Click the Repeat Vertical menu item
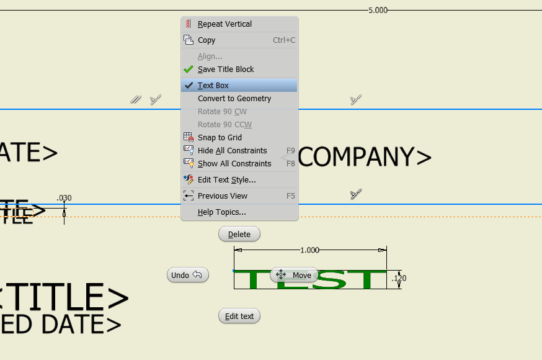224,24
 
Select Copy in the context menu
207,40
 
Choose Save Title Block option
226,70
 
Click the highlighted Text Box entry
213,86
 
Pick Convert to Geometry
234,99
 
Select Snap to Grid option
220,138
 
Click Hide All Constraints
232,151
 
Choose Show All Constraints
234,164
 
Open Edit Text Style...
226,180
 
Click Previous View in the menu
222,196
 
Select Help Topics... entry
221,212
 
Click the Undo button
187,275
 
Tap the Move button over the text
294,275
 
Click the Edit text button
239,316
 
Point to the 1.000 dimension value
309,250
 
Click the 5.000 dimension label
378,11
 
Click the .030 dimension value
64,198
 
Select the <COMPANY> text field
364,158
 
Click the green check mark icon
189,70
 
